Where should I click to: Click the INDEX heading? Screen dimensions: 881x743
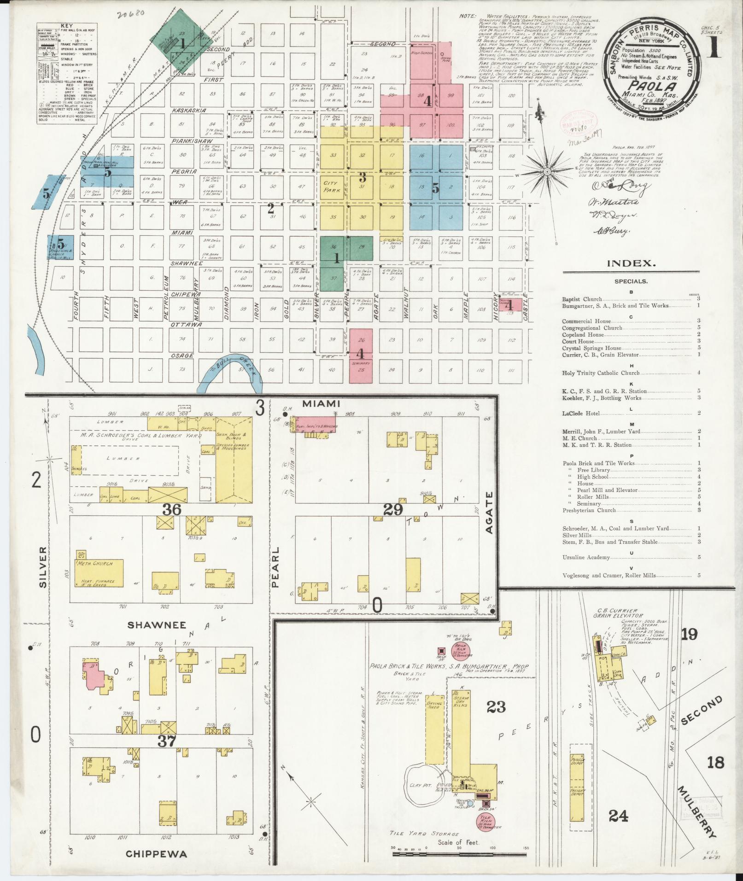(630, 264)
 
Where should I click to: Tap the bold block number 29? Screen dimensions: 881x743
(392, 509)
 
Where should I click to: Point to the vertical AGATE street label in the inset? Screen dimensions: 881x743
(489, 513)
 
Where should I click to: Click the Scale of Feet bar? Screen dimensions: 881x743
(459, 854)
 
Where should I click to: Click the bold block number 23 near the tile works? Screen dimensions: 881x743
(496, 706)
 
